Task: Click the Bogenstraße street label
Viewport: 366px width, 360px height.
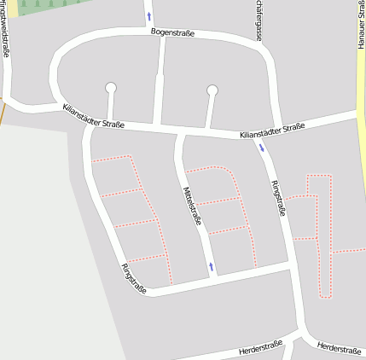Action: [x=172, y=33]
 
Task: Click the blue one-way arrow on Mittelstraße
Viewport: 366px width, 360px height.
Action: [x=211, y=267]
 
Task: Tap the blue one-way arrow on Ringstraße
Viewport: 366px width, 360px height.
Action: [x=261, y=148]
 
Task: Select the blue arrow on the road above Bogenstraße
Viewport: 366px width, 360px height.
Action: [x=149, y=15]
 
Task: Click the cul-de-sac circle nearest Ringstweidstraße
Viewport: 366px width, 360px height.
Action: [x=110, y=87]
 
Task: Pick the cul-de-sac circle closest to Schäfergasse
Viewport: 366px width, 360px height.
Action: [x=212, y=90]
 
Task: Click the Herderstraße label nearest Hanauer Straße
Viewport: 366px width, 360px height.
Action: [x=338, y=349]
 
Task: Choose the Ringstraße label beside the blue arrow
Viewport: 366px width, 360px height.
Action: [x=277, y=198]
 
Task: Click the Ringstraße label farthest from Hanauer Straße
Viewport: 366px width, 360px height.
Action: [x=134, y=279]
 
